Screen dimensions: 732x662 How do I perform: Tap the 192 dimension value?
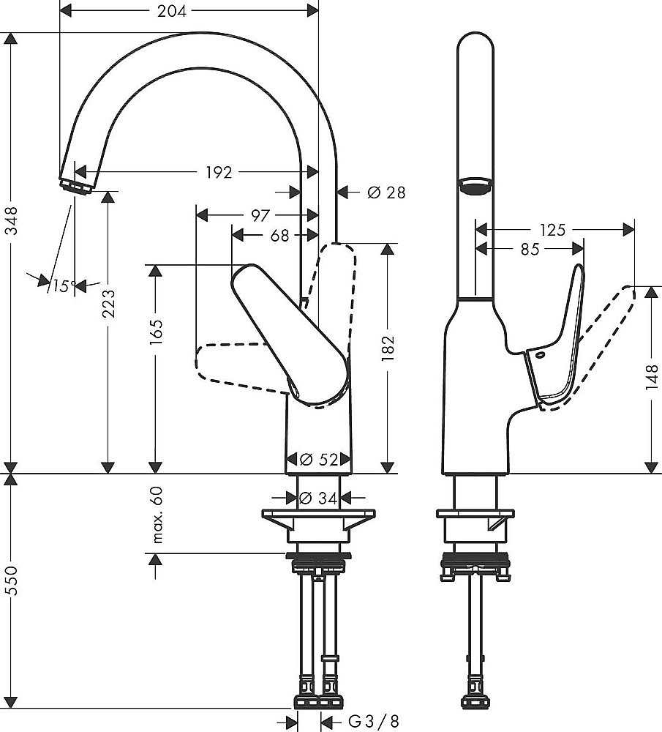click(x=218, y=172)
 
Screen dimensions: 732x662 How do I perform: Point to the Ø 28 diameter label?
click(x=385, y=193)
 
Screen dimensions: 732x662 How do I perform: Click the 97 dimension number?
click(x=260, y=215)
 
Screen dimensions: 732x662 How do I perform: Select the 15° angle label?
click(x=64, y=286)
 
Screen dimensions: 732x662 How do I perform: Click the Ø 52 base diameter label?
click(x=318, y=460)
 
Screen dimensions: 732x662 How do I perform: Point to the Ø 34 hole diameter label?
click(x=318, y=498)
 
